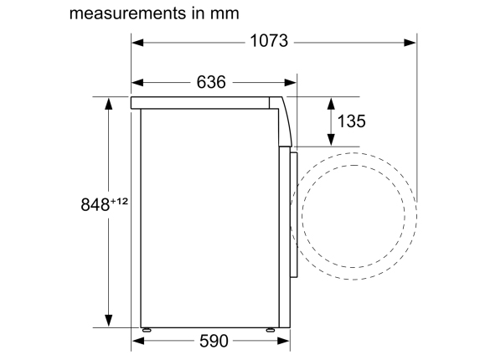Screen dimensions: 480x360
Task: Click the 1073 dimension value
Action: click(269, 41)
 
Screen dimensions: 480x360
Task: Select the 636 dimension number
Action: click(211, 82)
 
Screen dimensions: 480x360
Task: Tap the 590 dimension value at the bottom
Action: click(214, 341)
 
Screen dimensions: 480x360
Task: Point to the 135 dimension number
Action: click(351, 121)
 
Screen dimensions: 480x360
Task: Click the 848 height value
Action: click(95, 204)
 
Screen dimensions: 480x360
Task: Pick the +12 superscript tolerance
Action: click(119, 201)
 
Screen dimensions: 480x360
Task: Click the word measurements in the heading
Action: click(127, 13)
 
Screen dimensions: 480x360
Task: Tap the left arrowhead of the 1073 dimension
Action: click(137, 43)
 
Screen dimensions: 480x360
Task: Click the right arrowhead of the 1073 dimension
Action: click(410, 43)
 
